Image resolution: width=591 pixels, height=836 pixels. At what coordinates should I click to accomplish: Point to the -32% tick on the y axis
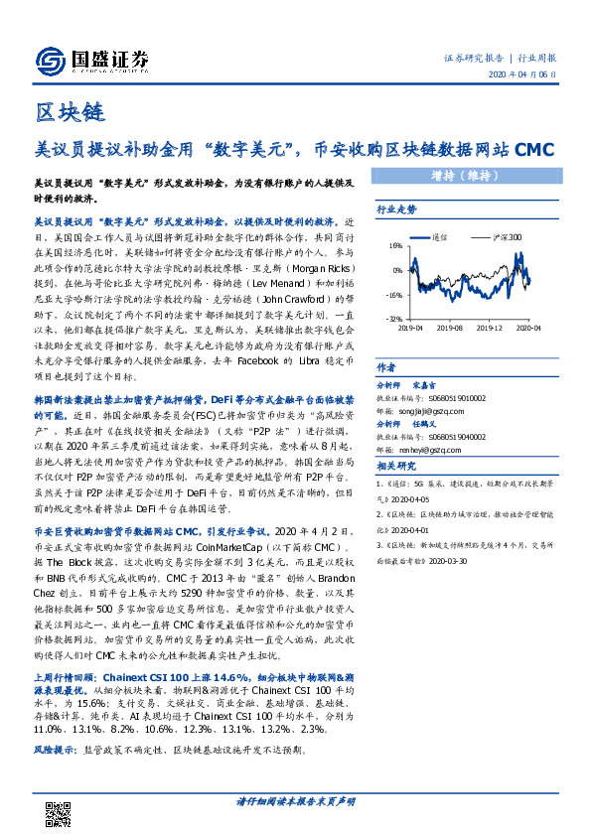pos(394,319)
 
